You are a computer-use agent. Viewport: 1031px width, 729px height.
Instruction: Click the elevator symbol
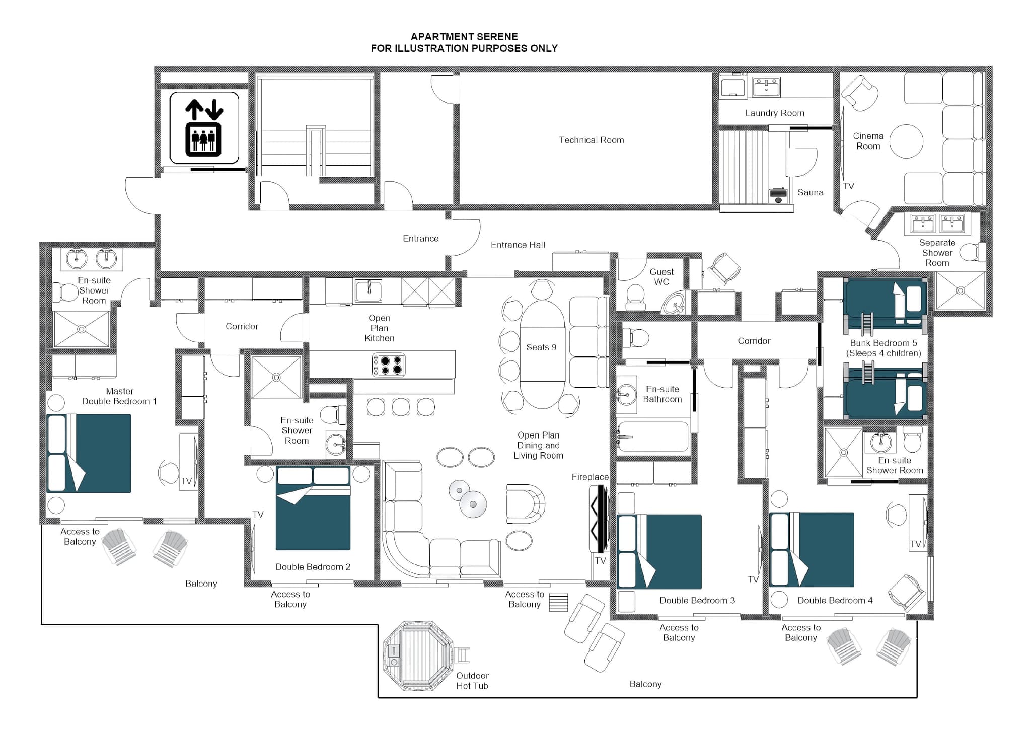(x=204, y=128)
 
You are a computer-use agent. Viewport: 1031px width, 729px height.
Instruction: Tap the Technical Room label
(x=591, y=140)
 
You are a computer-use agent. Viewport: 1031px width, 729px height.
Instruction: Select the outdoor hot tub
(x=418, y=655)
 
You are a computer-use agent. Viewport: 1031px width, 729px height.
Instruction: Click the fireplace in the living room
(x=599, y=519)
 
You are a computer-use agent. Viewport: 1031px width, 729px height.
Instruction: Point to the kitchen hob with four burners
(x=388, y=365)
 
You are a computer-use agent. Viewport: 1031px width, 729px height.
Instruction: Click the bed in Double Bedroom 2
(x=313, y=508)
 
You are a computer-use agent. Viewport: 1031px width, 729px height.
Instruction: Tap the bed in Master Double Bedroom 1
(x=89, y=453)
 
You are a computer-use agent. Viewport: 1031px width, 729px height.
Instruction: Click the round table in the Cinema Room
(x=906, y=141)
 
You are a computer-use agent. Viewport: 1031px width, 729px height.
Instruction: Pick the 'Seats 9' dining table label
(x=541, y=347)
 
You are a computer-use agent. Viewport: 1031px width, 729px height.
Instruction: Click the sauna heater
(x=778, y=195)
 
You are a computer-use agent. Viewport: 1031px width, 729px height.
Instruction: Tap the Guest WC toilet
(x=635, y=297)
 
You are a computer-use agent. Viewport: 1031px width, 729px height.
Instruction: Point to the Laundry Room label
(x=774, y=113)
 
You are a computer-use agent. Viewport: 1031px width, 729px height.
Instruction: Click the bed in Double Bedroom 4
(x=812, y=550)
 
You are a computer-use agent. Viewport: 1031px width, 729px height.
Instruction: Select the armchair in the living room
(x=525, y=504)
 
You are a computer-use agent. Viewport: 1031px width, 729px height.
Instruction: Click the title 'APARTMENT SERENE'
(x=464, y=37)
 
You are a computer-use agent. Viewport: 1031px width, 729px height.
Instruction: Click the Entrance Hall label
(x=518, y=245)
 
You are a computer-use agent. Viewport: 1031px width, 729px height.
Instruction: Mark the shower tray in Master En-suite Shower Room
(x=82, y=329)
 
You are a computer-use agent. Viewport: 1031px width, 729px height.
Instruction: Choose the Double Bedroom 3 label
(x=697, y=601)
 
